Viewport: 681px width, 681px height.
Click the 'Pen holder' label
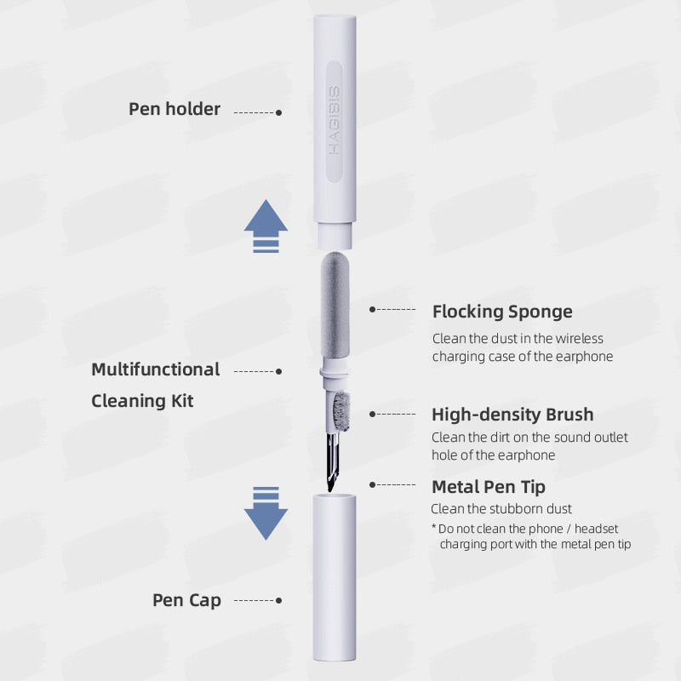[x=175, y=109]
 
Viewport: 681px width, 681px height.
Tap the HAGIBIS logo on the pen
[x=335, y=118]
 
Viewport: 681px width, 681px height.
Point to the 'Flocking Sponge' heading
[x=502, y=312]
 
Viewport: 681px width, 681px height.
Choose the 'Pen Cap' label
[x=186, y=600]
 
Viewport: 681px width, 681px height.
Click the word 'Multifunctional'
[x=156, y=369]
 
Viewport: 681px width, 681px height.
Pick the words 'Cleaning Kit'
[x=142, y=400]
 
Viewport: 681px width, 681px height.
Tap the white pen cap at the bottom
[x=334, y=579]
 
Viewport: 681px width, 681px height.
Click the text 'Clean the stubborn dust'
[x=501, y=509]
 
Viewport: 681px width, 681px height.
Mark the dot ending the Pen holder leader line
[x=279, y=112]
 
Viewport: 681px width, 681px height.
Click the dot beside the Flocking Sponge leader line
[x=372, y=310]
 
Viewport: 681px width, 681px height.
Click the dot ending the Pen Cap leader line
[x=279, y=601]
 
